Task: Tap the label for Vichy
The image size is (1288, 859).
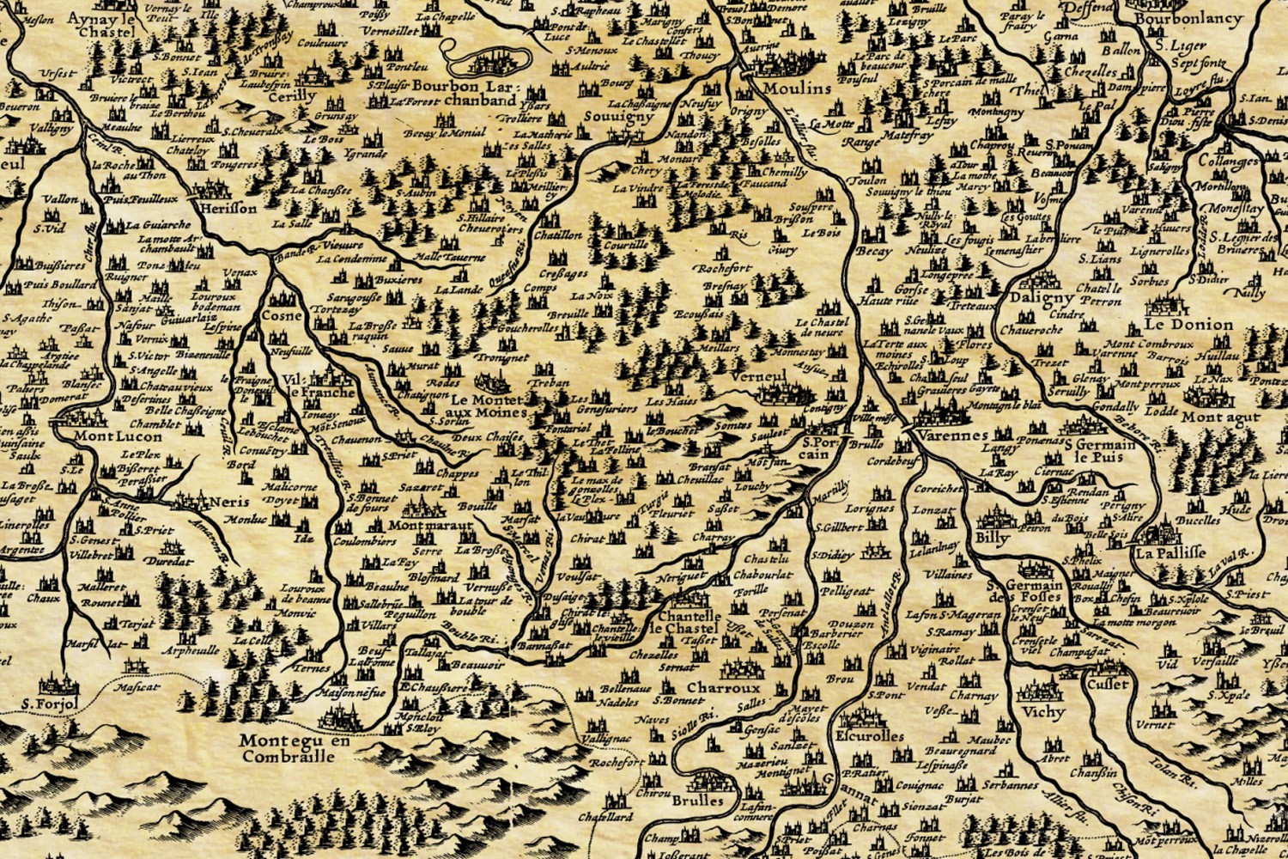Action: pyautogui.click(x=1043, y=712)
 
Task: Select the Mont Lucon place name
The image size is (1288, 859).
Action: pyautogui.click(x=117, y=436)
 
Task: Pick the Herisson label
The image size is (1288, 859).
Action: pyautogui.click(x=227, y=208)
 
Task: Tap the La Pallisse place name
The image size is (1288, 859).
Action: pyautogui.click(x=1170, y=552)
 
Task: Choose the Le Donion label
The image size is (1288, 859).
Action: pyautogui.click(x=1188, y=326)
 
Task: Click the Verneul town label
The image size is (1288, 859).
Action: pyautogui.click(x=759, y=376)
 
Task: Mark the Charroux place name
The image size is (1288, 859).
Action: pyautogui.click(x=723, y=688)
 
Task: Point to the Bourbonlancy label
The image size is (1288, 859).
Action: pyautogui.click(x=1188, y=18)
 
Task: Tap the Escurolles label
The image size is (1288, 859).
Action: pyautogui.click(x=869, y=736)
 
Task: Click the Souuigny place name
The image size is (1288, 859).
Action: pyautogui.click(x=617, y=117)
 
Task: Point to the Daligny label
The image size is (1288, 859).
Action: pyautogui.click(x=1042, y=298)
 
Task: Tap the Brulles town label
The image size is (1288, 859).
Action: pyautogui.click(x=697, y=801)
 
